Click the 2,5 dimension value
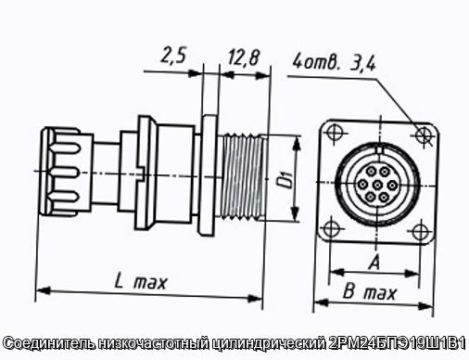[x=174, y=56]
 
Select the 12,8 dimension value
[x=244, y=58]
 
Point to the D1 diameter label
[x=285, y=180]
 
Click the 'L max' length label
[x=141, y=282]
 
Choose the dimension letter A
[x=374, y=263]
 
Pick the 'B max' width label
[x=370, y=292]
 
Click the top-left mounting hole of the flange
[x=335, y=132]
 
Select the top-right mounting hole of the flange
[x=423, y=135]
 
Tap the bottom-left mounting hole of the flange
[x=331, y=229]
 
